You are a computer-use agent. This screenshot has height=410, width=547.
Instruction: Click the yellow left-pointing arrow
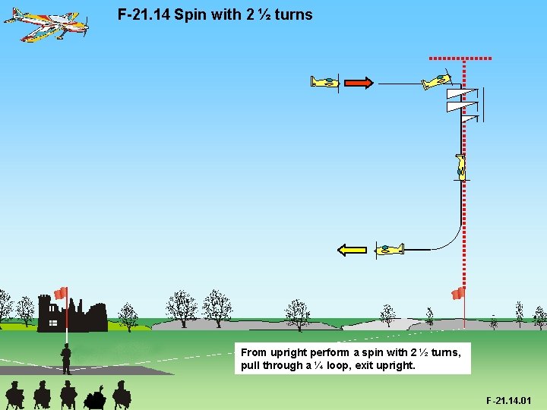click(352, 249)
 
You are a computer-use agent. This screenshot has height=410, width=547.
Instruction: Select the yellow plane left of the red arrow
click(325, 82)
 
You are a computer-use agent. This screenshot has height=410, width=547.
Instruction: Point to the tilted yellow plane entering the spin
click(436, 80)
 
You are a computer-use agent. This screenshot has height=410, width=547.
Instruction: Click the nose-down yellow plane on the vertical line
click(460, 166)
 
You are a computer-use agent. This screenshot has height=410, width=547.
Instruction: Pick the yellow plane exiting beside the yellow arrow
click(390, 248)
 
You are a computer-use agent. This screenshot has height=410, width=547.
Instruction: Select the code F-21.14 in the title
click(144, 14)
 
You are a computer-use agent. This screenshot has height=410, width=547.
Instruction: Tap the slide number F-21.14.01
click(509, 400)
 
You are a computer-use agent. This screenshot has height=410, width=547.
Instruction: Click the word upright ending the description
click(397, 365)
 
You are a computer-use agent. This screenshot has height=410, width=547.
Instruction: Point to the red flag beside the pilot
click(61, 292)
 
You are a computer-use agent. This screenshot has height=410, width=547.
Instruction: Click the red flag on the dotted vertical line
click(457, 294)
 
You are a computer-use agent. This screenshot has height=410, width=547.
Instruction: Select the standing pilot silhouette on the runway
click(66, 358)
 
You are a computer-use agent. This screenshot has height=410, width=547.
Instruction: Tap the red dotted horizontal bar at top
click(460, 58)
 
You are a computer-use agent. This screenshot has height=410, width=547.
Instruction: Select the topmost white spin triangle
click(457, 94)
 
